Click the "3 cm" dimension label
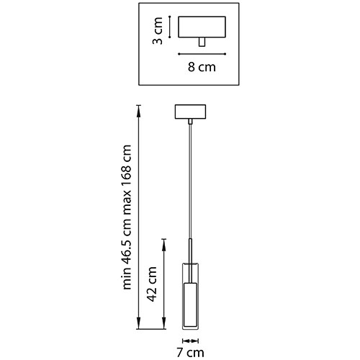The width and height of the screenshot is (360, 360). (158, 31)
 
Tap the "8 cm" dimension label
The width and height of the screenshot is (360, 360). (202, 67)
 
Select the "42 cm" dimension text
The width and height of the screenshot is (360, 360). (152, 284)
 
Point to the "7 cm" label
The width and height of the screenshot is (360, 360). (190, 353)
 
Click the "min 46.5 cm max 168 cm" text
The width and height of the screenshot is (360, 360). (127, 217)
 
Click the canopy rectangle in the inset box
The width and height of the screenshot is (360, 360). (202, 27)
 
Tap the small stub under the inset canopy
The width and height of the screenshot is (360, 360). (202, 42)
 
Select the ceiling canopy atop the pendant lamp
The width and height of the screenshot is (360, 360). (190, 112)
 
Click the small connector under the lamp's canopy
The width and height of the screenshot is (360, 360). (190, 122)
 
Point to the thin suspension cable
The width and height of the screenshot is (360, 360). (190, 181)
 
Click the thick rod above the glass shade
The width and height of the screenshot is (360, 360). (190, 261)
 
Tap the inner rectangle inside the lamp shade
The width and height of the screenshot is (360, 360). (190, 305)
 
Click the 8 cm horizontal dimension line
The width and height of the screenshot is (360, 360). (202, 54)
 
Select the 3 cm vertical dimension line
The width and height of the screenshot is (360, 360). (170, 27)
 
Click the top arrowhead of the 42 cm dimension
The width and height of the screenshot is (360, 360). (164, 244)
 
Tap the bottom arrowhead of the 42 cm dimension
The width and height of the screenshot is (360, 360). (164, 323)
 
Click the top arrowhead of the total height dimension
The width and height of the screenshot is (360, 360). (138, 111)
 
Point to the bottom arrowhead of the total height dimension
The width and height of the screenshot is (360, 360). (138, 323)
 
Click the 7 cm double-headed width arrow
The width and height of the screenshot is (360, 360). (190, 341)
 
